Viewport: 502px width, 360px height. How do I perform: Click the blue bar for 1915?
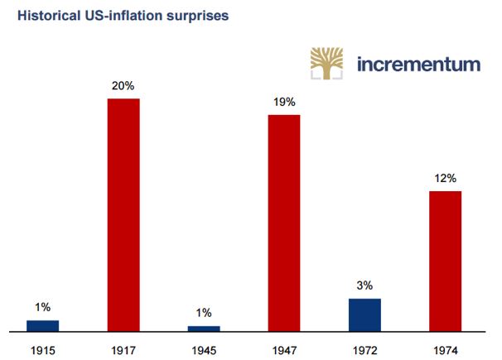43,326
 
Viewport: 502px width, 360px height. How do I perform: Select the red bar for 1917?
123,215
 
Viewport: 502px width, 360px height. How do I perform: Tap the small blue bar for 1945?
204,329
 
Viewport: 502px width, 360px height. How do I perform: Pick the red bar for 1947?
284,223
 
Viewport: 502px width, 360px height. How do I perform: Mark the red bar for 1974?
445,262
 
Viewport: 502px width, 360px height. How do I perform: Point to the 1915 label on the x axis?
43,348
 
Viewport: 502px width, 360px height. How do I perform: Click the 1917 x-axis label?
123,348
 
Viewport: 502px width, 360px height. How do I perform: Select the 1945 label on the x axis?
204,348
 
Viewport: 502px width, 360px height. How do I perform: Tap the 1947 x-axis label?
284,348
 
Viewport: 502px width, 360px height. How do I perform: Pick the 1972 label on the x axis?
364,348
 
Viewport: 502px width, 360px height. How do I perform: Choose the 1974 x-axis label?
445,348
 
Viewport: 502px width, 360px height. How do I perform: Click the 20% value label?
123,86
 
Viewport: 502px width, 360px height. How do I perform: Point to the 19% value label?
284,102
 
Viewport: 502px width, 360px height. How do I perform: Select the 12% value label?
445,178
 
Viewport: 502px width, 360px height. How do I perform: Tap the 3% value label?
364,286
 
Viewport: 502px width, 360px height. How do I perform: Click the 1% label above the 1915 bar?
43,308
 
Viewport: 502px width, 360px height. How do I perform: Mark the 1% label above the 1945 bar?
204,313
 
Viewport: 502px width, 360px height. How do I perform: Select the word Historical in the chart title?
41,16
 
